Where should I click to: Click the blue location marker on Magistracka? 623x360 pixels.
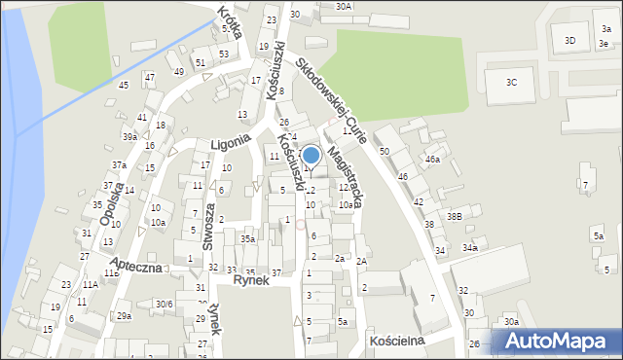pos(311,155)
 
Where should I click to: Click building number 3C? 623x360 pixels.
pos(512,83)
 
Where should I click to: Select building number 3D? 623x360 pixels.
pos(570,40)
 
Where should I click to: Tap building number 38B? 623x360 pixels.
pos(454,216)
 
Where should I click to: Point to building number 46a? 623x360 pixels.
pos(432,159)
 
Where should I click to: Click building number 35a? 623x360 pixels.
pos(248,239)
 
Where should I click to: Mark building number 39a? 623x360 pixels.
pos(129,137)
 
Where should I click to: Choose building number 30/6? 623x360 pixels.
pos(164,304)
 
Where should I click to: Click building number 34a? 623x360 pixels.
pos(470,248)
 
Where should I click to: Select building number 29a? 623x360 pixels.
pos(124,316)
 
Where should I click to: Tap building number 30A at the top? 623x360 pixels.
pos(344,6)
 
